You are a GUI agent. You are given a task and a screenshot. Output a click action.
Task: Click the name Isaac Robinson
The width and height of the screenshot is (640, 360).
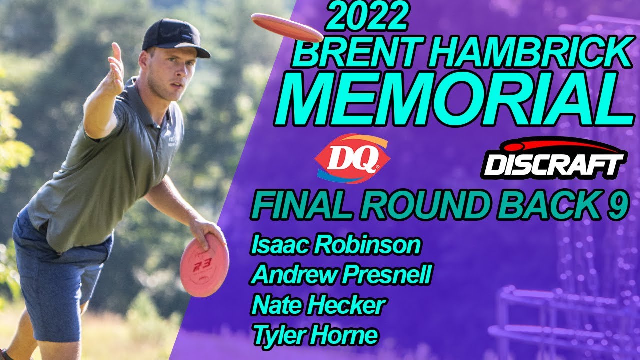pyautogui.click(x=335, y=245)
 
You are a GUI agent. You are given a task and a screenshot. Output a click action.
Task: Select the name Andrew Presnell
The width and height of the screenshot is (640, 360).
pyautogui.click(x=341, y=275)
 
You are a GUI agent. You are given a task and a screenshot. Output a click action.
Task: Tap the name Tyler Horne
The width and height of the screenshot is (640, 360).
pyautogui.click(x=315, y=335)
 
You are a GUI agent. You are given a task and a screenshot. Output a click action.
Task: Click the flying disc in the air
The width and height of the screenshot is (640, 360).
pyautogui.click(x=287, y=27)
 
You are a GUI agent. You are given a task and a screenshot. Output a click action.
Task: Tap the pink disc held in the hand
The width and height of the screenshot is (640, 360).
pyautogui.click(x=204, y=265)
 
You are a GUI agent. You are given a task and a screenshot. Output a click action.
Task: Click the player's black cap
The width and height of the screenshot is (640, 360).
pyautogui.click(x=175, y=38)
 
